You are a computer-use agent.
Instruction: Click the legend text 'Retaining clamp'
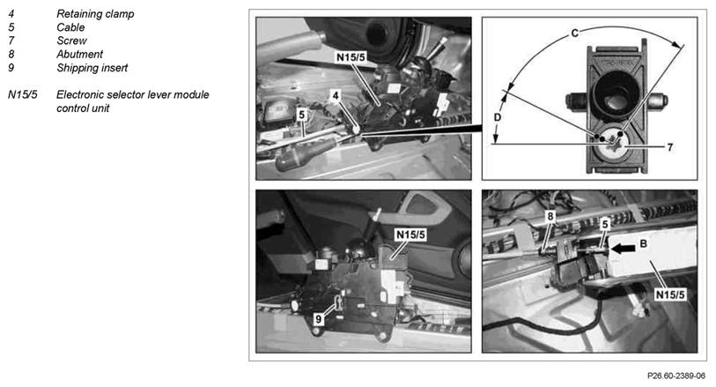tap(95, 14)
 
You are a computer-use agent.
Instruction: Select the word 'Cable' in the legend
tap(70, 27)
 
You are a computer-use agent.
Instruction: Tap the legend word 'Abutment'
tap(79, 55)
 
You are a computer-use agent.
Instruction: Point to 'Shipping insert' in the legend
tap(92, 68)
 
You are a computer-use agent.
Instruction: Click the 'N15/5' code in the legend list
tap(23, 95)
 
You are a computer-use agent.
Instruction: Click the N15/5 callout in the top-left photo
tap(351, 57)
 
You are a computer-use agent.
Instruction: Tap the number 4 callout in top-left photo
tap(336, 95)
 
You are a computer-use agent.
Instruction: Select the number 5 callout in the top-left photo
tap(301, 115)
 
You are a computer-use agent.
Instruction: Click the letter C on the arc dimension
tap(575, 33)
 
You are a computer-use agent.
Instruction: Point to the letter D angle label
tap(498, 117)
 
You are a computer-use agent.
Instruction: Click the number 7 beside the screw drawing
tap(669, 147)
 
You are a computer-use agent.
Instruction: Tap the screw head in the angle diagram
tap(614, 142)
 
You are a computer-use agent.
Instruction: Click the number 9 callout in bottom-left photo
tap(319, 319)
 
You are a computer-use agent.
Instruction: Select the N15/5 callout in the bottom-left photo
tap(410, 234)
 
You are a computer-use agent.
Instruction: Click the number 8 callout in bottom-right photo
tap(550, 216)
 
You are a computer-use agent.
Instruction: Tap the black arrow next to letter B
tap(623, 249)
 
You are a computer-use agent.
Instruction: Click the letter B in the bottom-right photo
tap(643, 244)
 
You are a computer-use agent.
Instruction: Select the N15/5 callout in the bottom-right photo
tap(670, 294)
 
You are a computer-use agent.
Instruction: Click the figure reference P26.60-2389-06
tap(676, 376)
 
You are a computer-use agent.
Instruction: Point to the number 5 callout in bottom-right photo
tap(605, 224)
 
